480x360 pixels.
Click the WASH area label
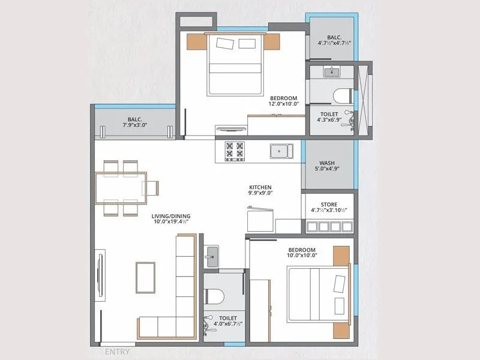[327, 163]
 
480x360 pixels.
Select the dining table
[120, 188]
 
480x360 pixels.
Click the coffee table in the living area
[145, 277]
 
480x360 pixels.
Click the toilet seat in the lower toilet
[214, 296]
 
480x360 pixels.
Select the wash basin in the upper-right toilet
[331, 72]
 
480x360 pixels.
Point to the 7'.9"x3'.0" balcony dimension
[134, 125]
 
